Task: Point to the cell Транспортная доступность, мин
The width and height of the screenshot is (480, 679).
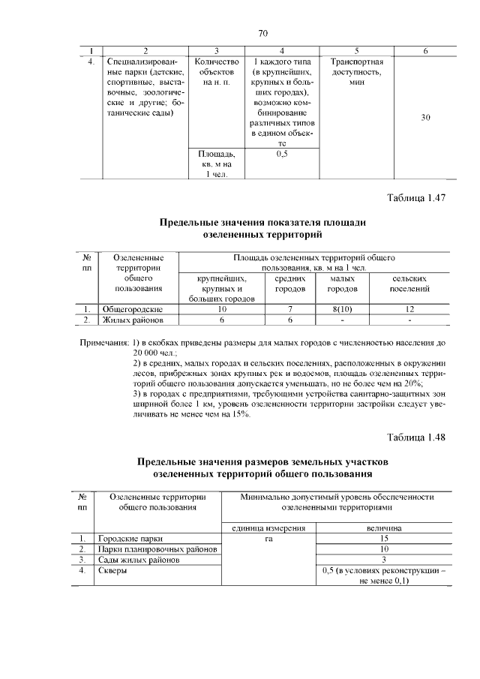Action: [x=356, y=71]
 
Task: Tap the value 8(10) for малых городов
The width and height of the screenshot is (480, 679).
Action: [x=342, y=309]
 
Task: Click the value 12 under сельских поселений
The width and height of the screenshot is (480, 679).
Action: [x=409, y=309]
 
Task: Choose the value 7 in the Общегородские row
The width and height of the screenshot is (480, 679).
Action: [x=289, y=309]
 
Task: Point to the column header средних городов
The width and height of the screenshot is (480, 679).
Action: [x=289, y=283]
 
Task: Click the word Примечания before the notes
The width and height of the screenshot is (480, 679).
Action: [x=104, y=343]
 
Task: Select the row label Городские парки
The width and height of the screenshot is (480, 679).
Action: [x=130, y=538]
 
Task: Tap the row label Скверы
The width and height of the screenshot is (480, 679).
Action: [x=113, y=570]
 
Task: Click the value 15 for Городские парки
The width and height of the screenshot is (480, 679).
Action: [x=383, y=538]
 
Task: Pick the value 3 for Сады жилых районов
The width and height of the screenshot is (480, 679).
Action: [x=383, y=560]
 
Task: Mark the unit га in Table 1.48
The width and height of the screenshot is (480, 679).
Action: [x=268, y=538]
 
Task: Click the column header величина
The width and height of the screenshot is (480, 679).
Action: [x=383, y=527]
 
